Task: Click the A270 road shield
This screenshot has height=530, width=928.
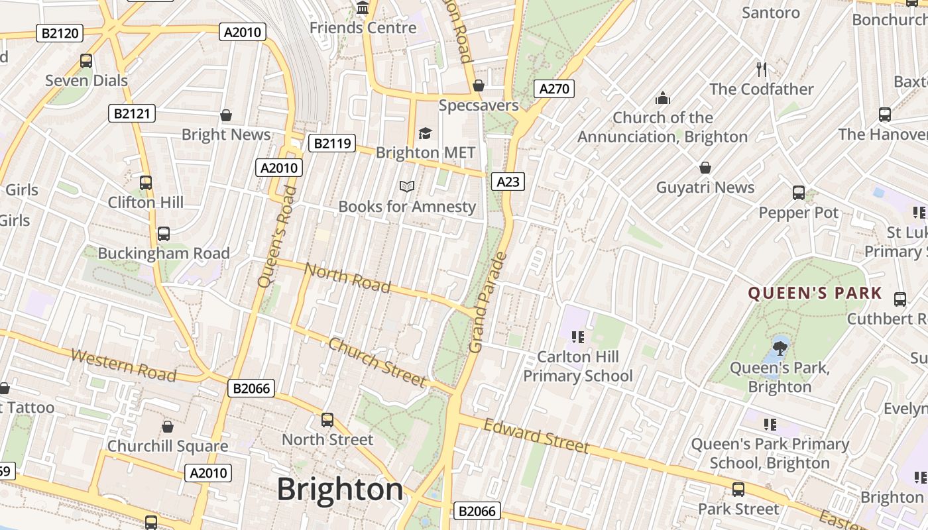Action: pyautogui.click(x=553, y=89)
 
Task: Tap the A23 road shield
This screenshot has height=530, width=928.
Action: pyautogui.click(x=508, y=181)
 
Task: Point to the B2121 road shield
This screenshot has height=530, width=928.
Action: pyautogui.click(x=132, y=113)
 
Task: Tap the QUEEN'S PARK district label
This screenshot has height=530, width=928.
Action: pyautogui.click(x=815, y=293)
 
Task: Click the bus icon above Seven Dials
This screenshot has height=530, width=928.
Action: pyautogui.click(x=86, y=61)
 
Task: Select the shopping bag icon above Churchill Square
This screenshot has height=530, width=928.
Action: pyautogui.click(x=168, y=427)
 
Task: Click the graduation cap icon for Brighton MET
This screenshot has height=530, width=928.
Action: pyautogui.click(x=425, y=134)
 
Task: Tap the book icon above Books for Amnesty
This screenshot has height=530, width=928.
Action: pyautogui.click(x=407, y=187)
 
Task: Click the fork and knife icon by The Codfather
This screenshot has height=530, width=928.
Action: pyautogui.click(x=762, y=69)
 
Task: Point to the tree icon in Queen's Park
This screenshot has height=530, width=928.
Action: pyautogui.click(x=780, y=346)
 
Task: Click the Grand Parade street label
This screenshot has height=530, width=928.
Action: pyautogui.click(x=487, y=302)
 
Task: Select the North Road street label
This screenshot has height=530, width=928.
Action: pyautogui.click(x=347, y=277)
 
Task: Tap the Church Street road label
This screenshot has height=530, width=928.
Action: pyautogui.click(x=376, y=362)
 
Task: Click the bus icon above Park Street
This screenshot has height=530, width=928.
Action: pyautogui.click(x=738, y=490)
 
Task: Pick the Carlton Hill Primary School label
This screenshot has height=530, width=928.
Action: pyautogui.click(x=578, y=366)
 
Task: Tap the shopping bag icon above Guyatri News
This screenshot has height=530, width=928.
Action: pyautogui.click(x=705, y=168)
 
